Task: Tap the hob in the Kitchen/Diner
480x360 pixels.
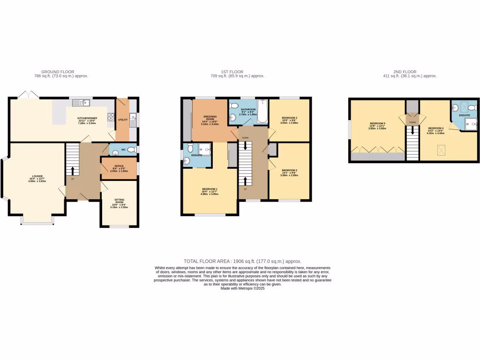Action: coord(112,118)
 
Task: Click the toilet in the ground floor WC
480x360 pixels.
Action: coord(131,150)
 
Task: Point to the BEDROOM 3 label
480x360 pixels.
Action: coord(289,120)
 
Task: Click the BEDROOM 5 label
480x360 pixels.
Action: coord(377,125)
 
